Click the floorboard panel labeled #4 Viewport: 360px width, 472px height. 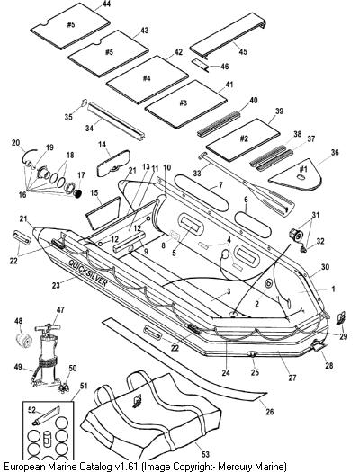[148, 79]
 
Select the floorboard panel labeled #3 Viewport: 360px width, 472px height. [185, 104]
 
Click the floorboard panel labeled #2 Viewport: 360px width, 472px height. [243, 139]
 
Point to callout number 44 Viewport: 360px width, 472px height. [106, 4]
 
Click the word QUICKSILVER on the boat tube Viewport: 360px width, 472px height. [87, 272]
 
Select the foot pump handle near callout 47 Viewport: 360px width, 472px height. [49, 327]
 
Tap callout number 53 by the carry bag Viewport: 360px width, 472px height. [205, 454]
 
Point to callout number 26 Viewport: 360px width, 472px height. [270, 411]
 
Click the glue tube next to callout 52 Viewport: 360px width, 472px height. [47, 415]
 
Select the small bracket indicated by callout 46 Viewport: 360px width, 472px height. [201, 65]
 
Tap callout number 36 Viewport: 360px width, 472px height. [335, 152]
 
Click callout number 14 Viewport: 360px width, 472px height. [102, 145]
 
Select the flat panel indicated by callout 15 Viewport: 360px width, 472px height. [103, 213]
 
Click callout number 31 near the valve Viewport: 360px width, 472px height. [315, 215]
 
